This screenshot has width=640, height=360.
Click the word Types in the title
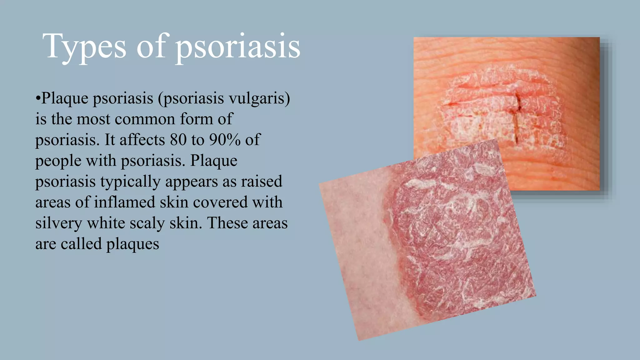click(84, 47)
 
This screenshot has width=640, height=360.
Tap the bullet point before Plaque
click(38, 99)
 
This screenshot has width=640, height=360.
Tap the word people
click(58, 161)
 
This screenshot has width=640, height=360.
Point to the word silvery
click(58, 223)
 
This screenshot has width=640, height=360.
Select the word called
click(81, 244)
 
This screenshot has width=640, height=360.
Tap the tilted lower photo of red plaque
click(437, 244)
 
